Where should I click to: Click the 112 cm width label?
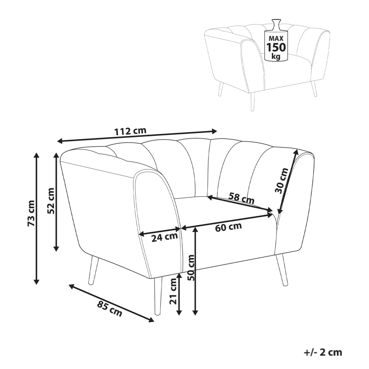(x=130, y=131)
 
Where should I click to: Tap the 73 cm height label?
(x=31, y=213)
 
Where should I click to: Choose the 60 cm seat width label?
(x=228, y=227)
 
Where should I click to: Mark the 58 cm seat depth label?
(x=241, y=198)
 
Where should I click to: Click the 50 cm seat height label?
(x=192, y=267)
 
